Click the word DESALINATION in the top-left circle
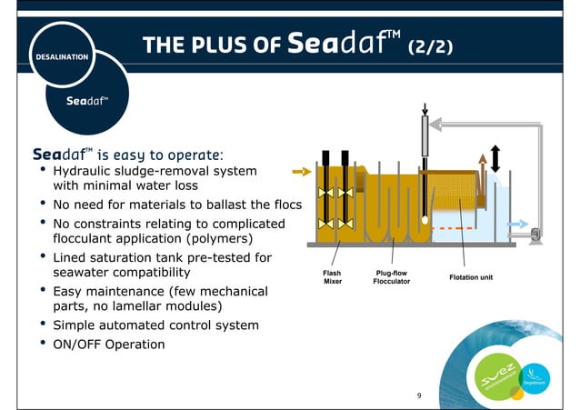pos(62,56)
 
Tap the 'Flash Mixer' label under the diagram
pos(333,275)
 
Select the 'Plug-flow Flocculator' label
pos(391,275)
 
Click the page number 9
pos(419,395)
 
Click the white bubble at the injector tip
pos(425,219)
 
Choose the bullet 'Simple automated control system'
pos(155,325)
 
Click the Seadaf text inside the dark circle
pos(87,100)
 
